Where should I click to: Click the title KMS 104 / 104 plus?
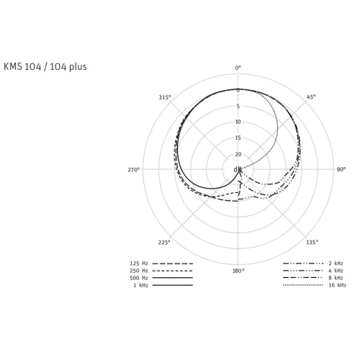pyautogui.click(x=45, y=66)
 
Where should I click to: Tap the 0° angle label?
pyautogui.click(x=238, y=68)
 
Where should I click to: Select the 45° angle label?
pyautogui.click(x=311, y=96)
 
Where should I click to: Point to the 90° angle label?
pyautogui.click(x=341, y=169)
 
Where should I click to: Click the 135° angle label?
pyautogui.click(x=312, y=242)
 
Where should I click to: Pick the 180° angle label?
pyautogui.click(x=238, y=271)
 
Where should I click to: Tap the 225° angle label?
pyautogui.click(x=164, y=243)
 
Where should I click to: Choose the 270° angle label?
pyautogui.click(x=133, y=170)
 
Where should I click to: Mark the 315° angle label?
pyautogui.click(x=165, y=97)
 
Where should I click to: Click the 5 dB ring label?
pyautogui.click(x=238, y=106)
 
